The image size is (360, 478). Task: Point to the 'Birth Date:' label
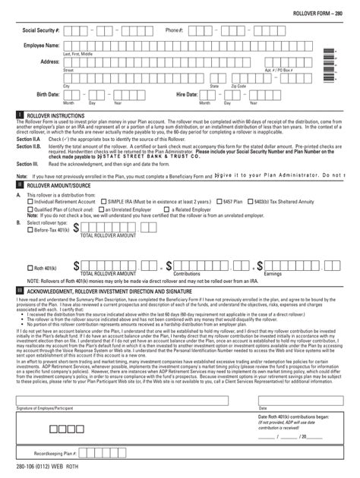point(47,95)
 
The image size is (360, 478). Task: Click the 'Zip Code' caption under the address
point(238,86)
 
